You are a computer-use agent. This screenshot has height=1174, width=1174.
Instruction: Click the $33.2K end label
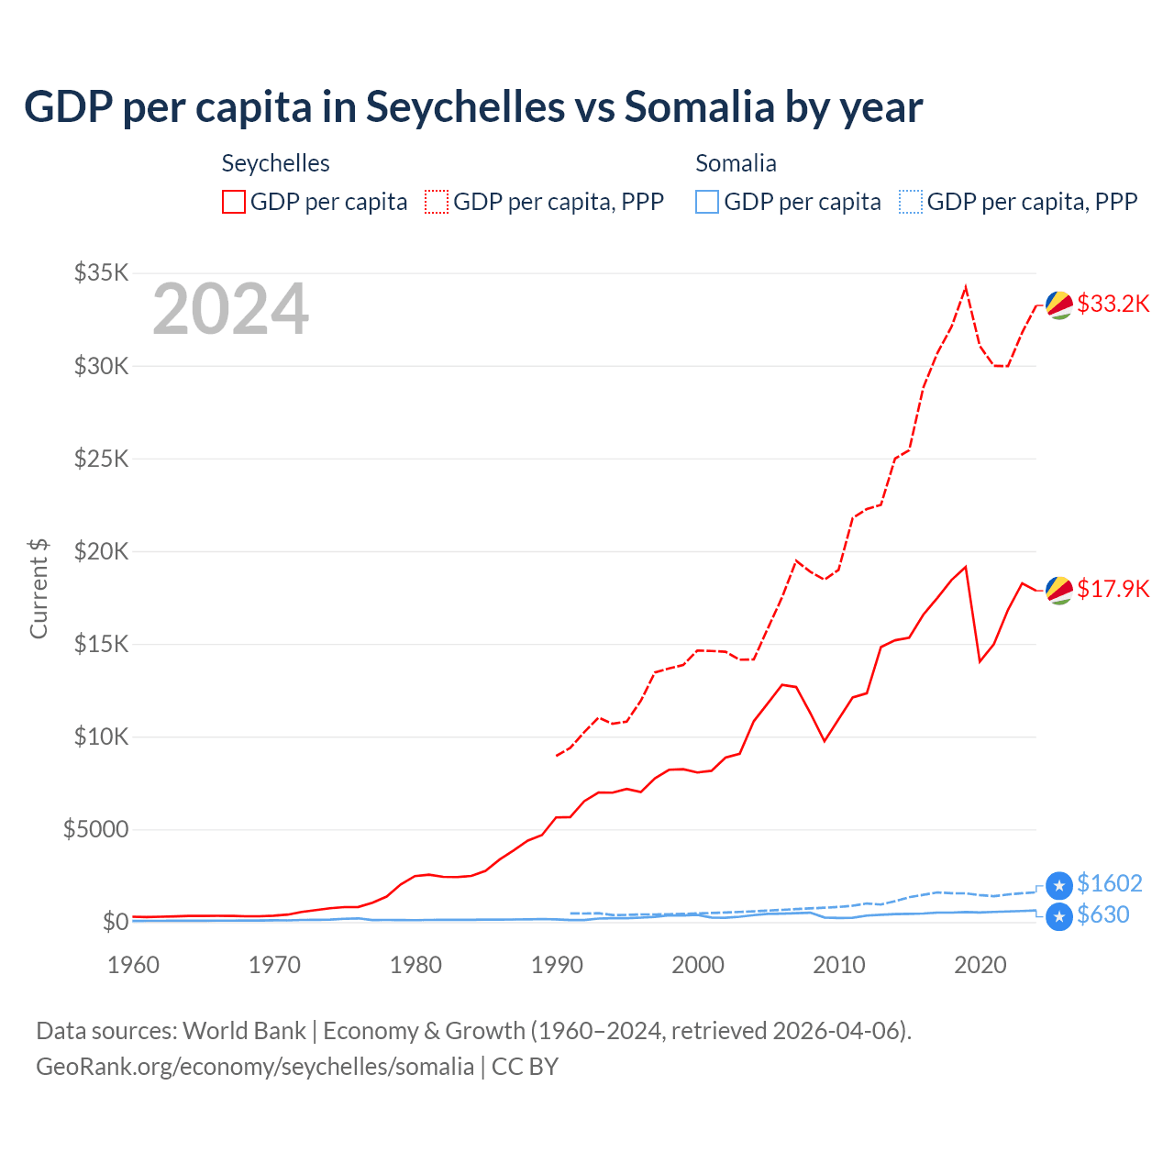coord(1113,304)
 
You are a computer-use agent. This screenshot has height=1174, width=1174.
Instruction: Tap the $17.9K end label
coord(1113,589)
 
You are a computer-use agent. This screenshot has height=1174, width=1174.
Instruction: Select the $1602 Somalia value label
coord(1109,883)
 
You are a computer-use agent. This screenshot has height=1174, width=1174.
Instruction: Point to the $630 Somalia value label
coord(1102,914)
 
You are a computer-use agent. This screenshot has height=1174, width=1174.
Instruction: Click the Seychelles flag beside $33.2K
coord(1059,305)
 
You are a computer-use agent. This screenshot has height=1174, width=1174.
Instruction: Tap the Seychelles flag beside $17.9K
coord(1059,591)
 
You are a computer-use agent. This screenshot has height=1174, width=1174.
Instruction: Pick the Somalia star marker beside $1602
coord(1059,885)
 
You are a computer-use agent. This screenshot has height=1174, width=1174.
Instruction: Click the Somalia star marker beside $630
coord(1059,916)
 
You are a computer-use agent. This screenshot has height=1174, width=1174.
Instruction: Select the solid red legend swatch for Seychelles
coord(234,202)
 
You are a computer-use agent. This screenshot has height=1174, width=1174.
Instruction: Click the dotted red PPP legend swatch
coord(437,202)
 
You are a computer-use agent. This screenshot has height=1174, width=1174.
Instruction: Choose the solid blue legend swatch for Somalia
coord(707,202)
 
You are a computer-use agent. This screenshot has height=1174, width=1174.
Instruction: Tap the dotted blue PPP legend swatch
coord(911,202)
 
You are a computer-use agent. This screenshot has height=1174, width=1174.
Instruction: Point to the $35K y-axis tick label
coord(102,272)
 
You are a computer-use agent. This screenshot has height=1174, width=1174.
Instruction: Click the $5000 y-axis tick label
coord(96,829)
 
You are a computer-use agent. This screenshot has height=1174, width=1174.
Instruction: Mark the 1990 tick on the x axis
coord(557,965)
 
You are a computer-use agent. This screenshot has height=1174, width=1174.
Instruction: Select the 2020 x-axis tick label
coord(980,965)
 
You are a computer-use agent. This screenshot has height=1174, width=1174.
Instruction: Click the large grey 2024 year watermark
coord(230,310)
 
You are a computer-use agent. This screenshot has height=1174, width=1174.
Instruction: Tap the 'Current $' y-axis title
coord(39,589)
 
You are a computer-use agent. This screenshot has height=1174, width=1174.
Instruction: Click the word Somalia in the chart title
coord(699,107)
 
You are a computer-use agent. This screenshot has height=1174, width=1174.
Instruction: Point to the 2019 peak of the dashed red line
coord(966,287)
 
